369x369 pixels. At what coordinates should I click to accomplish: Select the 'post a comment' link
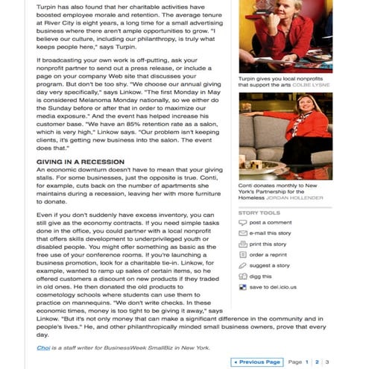270,222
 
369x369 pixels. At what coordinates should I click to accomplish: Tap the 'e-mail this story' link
270,233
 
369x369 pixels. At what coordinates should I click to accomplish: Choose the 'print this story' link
268,244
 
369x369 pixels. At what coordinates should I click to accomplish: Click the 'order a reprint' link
269,254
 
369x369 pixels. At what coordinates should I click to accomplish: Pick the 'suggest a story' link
269,265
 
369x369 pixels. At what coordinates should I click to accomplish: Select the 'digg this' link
261,276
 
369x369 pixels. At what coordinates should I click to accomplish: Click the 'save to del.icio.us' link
272,286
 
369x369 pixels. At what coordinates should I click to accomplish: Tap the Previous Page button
256,362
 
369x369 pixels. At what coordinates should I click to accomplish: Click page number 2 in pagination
317,362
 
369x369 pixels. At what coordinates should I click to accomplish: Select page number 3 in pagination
327,362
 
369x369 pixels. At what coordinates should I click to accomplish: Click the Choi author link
44,347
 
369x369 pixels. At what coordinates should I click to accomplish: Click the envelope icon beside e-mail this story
242,233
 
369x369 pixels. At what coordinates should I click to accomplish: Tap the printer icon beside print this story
242,244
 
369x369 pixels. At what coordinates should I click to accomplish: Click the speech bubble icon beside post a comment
242,222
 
